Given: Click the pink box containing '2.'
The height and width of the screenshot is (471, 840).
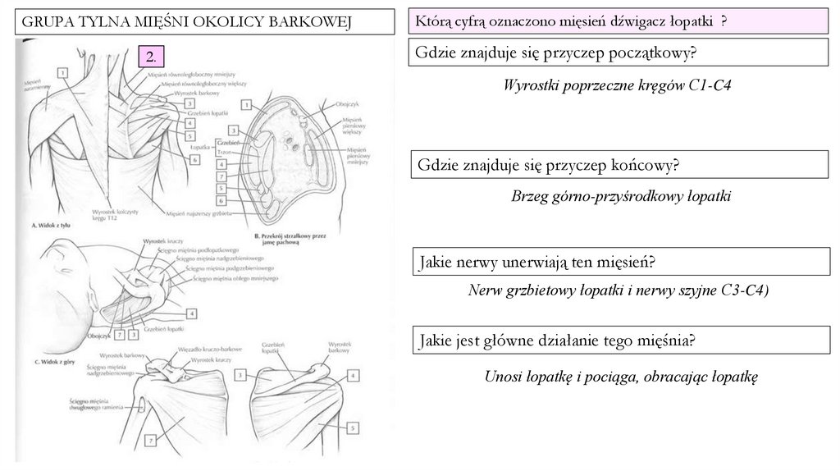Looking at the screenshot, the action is [x=152, y=56].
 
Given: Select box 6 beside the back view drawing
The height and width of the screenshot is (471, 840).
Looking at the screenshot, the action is [x=194, y=159].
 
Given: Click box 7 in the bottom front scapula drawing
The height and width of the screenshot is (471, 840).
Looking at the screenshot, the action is [x=151, y=441].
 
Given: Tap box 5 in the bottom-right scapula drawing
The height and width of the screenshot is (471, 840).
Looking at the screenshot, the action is [x=354, y=427].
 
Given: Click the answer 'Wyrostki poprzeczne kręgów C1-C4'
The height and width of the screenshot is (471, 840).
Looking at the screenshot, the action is [x=617, y=85].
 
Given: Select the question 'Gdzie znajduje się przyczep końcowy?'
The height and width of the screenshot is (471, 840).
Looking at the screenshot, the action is [x=548, y=166].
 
